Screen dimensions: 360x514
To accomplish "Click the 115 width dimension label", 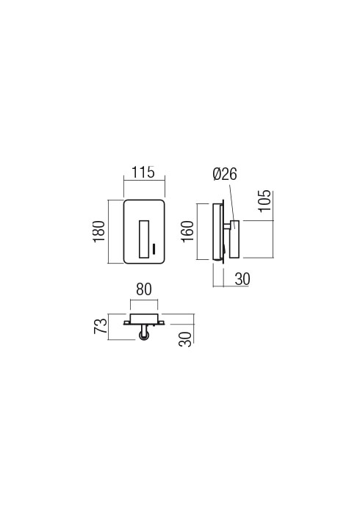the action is click(x=143, y=173).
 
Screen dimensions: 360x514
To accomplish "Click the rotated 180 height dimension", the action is click(x=99, y=231).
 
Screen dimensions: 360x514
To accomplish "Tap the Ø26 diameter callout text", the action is click(x=225, y=174).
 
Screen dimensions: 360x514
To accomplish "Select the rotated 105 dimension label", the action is click(x=265, y=200).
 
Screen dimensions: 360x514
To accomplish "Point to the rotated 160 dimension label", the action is click(x=188, y=231).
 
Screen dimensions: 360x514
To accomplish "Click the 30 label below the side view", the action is click(x=242, y=279).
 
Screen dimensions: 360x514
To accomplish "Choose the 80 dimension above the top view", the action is click(x=144, y=289).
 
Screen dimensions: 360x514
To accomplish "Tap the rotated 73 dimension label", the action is click(x=101, y=326).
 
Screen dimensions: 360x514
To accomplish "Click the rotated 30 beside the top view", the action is click(x=185, y=339).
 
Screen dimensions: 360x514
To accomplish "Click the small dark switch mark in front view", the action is click(x=154, y=249).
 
